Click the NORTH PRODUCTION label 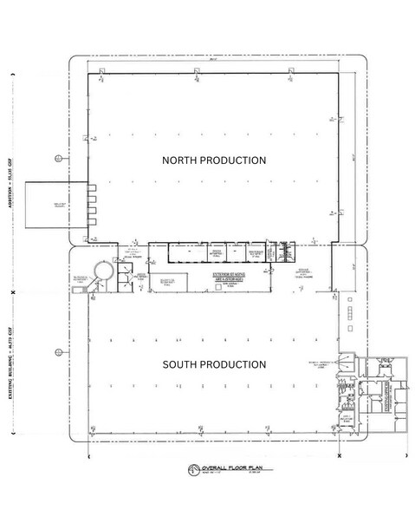click(x=215, y=160)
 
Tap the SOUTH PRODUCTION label click(x=215, y=364)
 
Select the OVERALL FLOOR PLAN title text click(x=211, y=472)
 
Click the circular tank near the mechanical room click(x=104, y=271)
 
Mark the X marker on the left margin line click(x=12, y=294)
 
